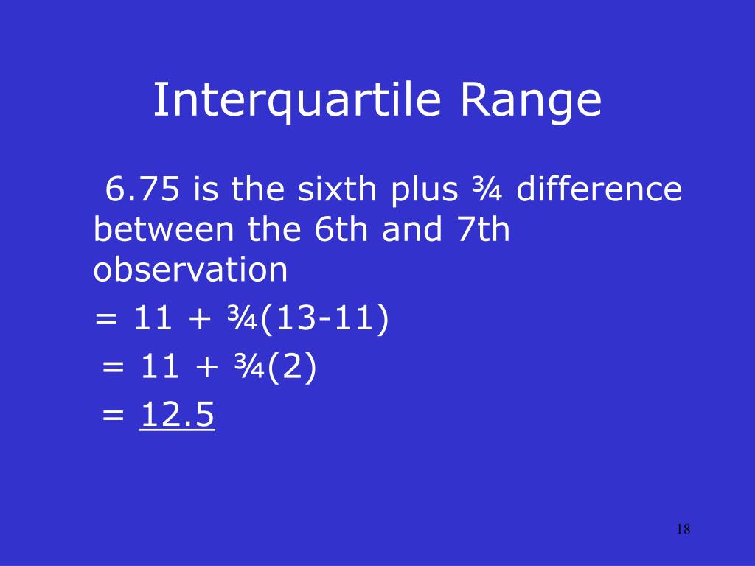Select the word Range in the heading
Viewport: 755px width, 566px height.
coord(532,101)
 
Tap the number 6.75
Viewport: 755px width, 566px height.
coord(142,190)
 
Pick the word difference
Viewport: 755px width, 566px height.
coord(599,190)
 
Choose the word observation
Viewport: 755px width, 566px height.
coord(190,270)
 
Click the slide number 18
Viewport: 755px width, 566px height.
coord(683,529)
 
